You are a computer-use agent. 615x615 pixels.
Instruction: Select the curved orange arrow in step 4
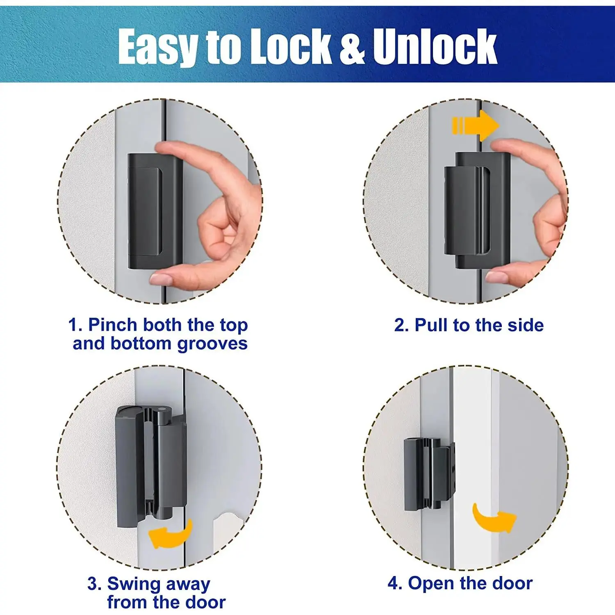[494, 518]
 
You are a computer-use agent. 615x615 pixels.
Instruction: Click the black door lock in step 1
[155, 212]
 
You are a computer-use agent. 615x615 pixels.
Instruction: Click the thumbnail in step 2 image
[496, 277]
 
